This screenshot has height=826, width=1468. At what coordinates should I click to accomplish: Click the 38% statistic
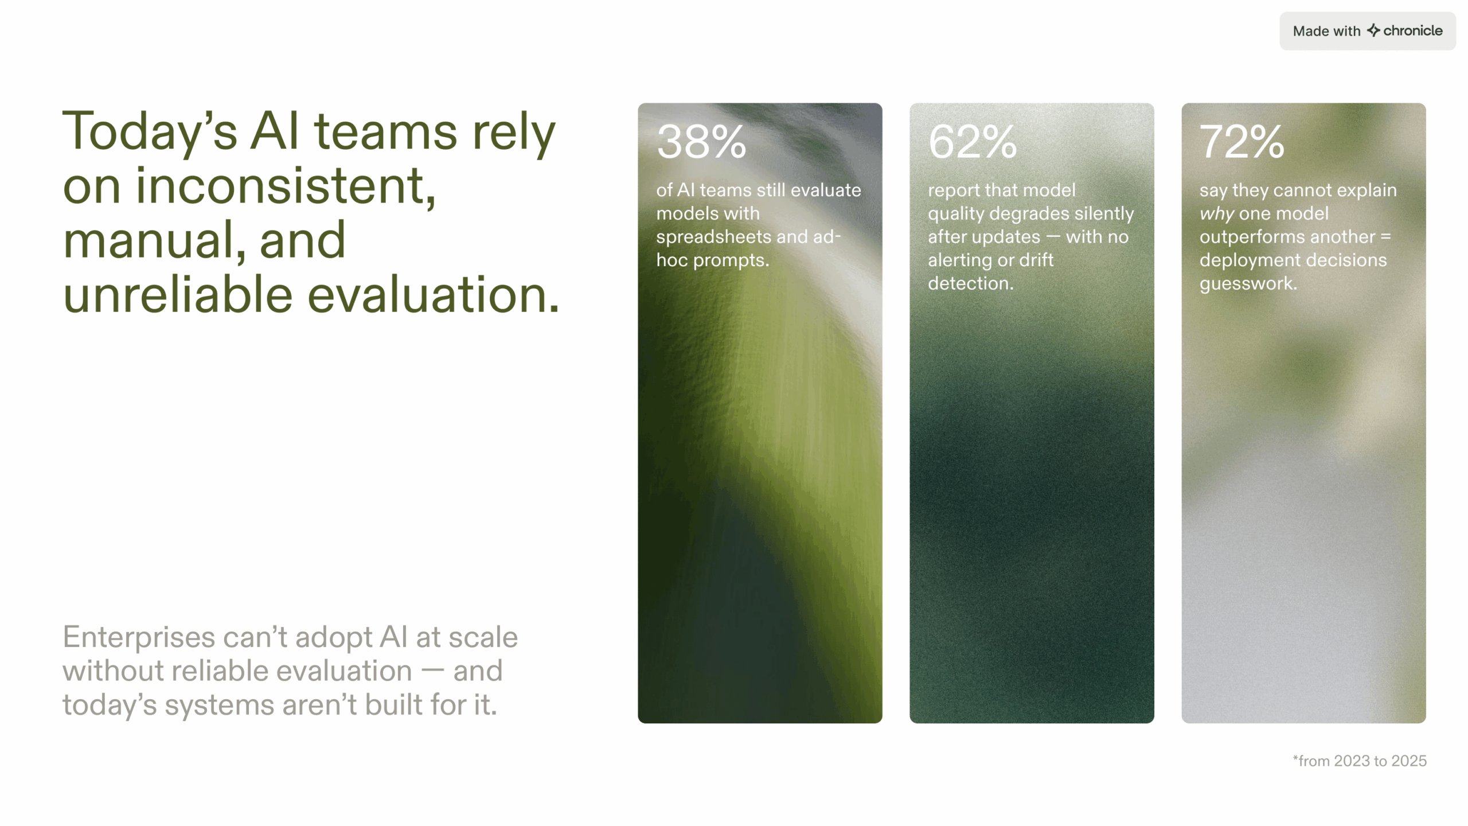(701, 142)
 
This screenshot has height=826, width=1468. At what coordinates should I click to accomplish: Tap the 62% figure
(973, 142)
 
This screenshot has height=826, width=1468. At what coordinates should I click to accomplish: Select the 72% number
(1242, 142)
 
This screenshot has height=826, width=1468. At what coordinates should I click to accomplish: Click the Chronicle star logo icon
(1373, 30)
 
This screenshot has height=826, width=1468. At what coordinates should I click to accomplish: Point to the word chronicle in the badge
(1413, 31)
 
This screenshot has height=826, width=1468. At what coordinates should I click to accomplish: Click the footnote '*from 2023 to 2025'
(1360, 761)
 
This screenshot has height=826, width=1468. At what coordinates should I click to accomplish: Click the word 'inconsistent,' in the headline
(286, 186)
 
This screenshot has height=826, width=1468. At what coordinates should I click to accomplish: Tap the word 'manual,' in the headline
(154, 241)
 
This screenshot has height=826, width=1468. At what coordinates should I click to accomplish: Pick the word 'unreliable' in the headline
(178, 295)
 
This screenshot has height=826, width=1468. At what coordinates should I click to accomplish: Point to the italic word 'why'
(1216, 214)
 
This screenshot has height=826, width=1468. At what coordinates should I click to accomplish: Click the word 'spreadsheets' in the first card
(713, 237)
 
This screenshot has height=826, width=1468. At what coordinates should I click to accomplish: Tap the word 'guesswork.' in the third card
(1248, 283)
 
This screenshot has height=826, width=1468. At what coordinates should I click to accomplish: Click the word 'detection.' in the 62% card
(971, 283)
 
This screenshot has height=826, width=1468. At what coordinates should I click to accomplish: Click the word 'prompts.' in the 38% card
(731, 260)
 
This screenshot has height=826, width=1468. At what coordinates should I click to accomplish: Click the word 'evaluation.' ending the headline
(434, 295)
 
